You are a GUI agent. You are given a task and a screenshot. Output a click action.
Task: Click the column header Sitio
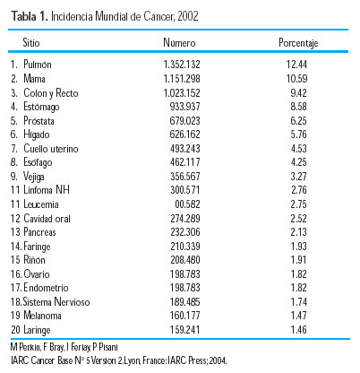(x=31, y=42)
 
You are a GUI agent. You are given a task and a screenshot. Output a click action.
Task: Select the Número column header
(x=179, y=42)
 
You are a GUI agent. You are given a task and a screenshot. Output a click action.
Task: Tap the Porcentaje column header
(x=298, y=43)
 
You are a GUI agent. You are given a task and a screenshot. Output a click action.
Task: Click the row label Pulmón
(x=38, y=65)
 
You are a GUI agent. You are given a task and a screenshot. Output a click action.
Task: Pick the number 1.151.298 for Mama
(x=182, y=79)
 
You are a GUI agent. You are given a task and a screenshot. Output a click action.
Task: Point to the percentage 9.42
(x=298, y=93)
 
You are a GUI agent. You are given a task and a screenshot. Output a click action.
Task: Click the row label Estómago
(x=41, y=107)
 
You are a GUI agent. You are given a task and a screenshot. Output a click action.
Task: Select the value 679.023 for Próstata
(x=184, y=121)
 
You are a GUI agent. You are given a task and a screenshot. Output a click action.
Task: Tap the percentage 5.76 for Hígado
(x=298, y=134)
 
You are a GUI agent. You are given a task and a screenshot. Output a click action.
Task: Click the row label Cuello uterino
(x=51, y=149)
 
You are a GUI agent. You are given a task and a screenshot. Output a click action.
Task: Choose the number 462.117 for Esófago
(x=184, y=162)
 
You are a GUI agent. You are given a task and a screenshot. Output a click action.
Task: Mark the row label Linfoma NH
(x=47, y=190)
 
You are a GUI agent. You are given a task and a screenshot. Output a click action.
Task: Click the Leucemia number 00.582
(x=187, y=204)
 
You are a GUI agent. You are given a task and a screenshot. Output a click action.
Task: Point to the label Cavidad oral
(x=47, y=219)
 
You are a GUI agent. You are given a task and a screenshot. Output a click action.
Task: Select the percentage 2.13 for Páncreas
(x=298, y=232)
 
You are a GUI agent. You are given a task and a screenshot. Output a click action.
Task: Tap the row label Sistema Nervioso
(x=56, y=302)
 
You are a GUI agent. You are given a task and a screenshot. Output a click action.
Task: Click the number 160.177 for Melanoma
(x=184, y=316)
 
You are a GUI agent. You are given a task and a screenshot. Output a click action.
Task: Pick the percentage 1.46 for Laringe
(x=298, y=330)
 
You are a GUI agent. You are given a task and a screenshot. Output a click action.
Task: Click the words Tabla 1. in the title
(x=30, y=16)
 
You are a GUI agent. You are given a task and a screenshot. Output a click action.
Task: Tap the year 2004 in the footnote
(x=218, y=360)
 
